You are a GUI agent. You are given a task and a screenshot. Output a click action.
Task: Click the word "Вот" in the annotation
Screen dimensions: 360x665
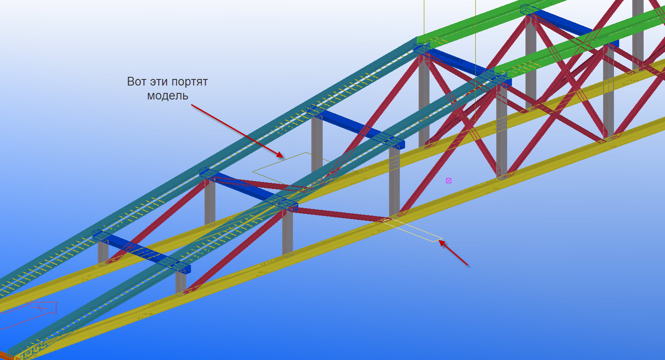click(x=136, y=82)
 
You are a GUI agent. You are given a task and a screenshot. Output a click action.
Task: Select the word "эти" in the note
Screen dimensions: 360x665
click(x=159, y=82)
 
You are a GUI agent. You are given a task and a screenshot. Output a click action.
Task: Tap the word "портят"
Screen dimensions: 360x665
click(x=190, y=82)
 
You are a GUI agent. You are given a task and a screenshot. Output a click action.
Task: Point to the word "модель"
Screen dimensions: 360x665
click(x=167, y=95)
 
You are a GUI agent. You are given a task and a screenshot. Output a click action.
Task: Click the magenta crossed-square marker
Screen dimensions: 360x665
click(x=449, y=181)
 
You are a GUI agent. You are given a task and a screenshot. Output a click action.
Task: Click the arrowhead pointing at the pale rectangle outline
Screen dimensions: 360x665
click(x=441, y=243)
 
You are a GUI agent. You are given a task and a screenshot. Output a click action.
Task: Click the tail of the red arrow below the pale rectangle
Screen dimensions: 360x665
click(x=467, y=264)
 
